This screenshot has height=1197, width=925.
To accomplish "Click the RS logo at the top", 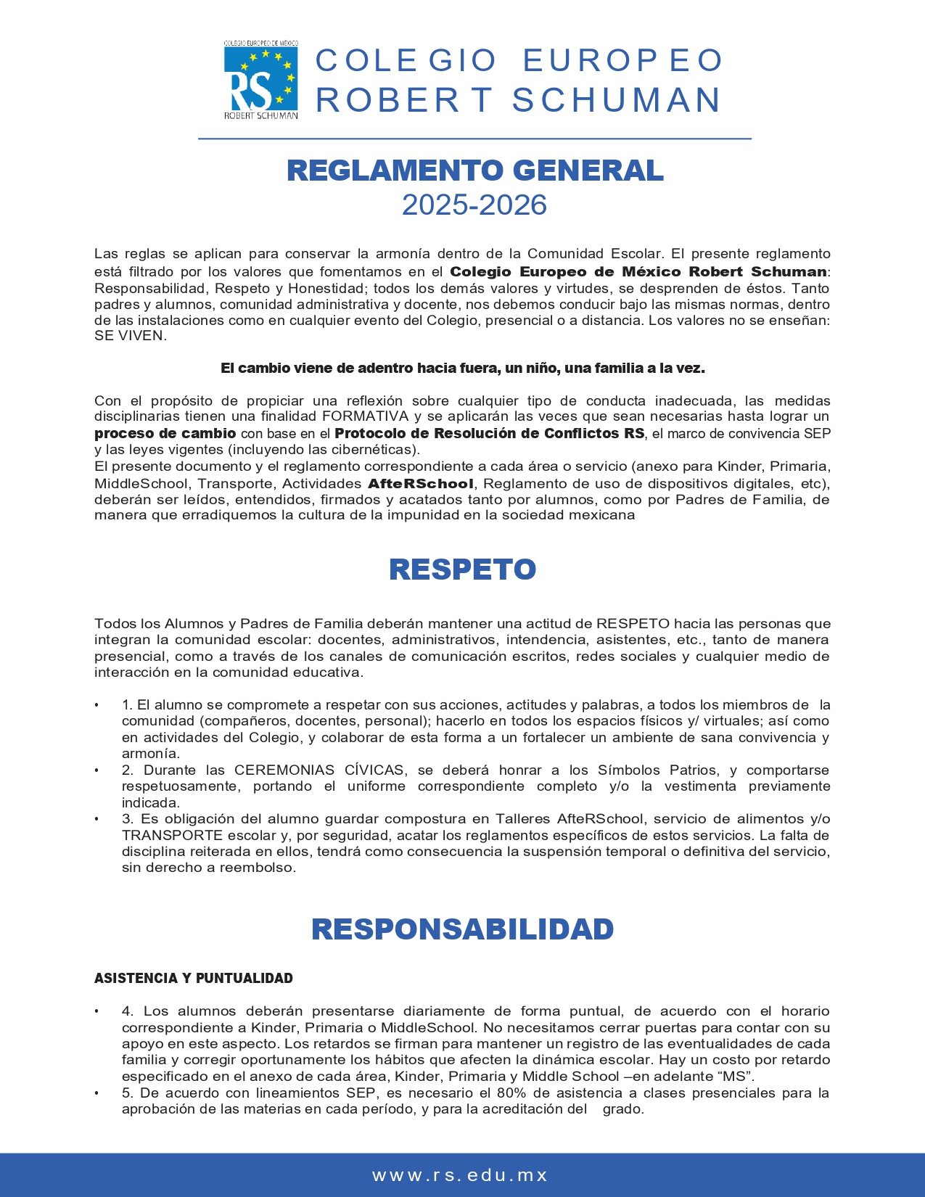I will click(260, 80).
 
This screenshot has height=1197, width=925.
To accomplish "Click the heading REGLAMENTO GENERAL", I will click(475, 170).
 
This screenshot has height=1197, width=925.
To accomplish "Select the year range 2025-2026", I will click(474, 205).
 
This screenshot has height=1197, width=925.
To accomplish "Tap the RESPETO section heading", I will click(462, 569).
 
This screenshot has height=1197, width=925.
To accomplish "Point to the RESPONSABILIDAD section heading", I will click(462, 929).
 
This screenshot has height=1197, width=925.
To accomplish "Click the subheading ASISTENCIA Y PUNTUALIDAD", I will click(194, 978).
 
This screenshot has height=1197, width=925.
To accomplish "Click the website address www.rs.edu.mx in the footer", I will click(461, 1175).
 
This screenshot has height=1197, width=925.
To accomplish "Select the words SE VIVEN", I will click(131, 336).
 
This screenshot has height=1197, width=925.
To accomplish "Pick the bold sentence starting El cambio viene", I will click(463, 368).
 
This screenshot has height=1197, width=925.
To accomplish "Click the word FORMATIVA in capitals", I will click(366, 416).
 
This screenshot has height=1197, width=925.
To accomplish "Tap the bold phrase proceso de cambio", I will click(165, 433).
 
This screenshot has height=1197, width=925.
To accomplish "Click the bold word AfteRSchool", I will click(421, 483).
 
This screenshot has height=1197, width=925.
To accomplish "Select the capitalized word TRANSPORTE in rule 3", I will click(173, 835).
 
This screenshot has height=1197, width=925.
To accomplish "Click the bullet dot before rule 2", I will click(96, 770).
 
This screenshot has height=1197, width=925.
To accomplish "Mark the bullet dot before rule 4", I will click(96, 1011).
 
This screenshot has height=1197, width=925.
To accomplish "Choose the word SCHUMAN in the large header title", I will click(617, 100).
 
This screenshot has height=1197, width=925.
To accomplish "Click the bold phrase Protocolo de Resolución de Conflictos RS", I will click(489, 433).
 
